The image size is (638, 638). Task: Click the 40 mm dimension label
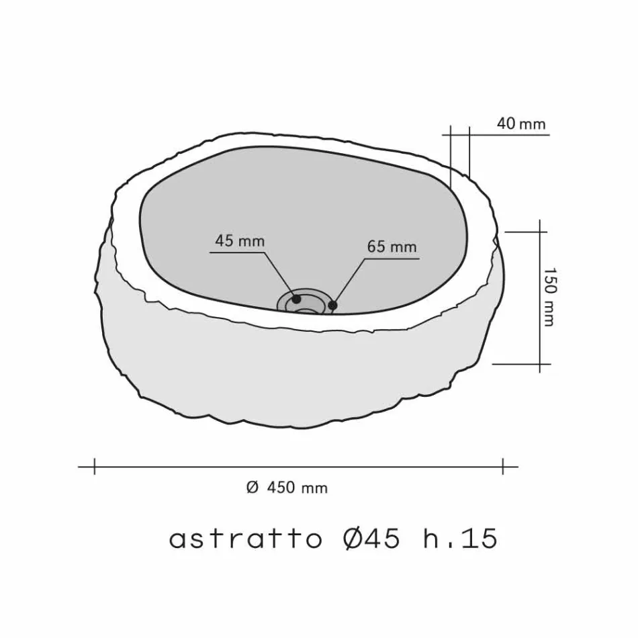(520, 124)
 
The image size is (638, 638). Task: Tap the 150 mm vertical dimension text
(549, 298)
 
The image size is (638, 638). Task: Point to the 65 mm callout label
(392, 246)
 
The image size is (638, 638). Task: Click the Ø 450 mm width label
(287, 488)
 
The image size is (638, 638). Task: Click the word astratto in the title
(246, 539)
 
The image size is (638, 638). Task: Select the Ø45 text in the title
(372, 539)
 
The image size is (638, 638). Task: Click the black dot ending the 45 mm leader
(296, 299)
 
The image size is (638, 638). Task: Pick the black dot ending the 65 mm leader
(332, 306)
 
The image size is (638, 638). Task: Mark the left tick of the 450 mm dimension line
(95, 465)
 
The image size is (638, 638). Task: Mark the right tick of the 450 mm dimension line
(503, 465)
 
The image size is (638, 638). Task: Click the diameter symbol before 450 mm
(253, 488)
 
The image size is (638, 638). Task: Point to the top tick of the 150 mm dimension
(541, 232)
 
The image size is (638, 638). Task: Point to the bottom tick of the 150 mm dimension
(541, 364)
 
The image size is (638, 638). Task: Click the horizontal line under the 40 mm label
(510, 135)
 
